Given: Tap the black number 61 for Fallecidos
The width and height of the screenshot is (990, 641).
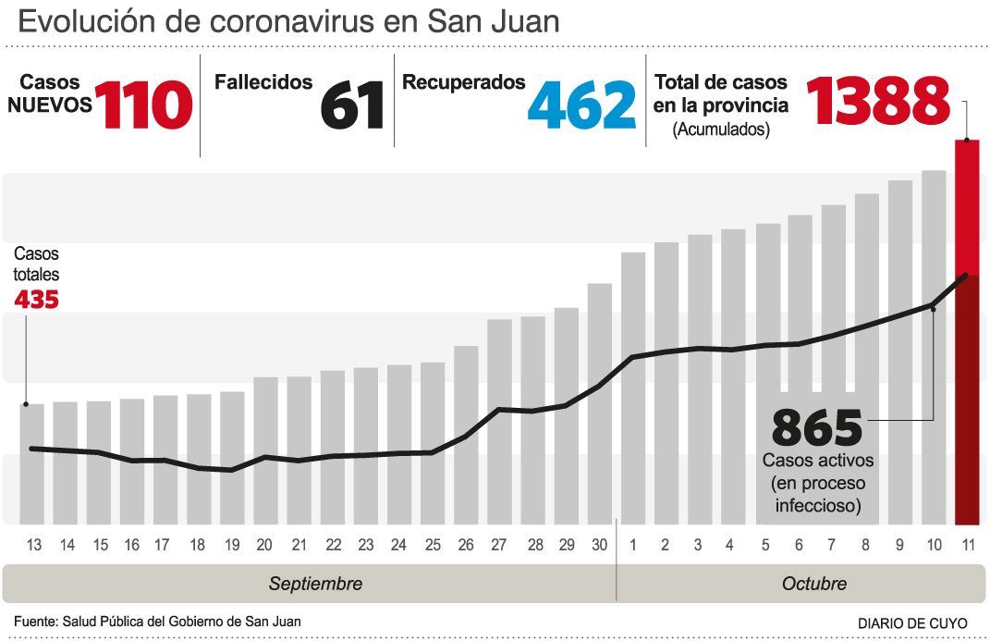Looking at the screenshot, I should tap(352, 104).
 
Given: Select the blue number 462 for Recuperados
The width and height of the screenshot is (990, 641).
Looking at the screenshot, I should tap(582, 104).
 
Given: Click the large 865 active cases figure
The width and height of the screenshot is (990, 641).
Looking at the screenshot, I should tap(816, 427).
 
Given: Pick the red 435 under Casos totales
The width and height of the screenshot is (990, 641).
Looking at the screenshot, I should tap(37, 300).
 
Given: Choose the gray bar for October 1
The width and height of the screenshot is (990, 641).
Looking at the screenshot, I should tap(633, 388).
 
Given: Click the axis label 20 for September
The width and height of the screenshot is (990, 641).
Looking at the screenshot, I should tap(263, 545).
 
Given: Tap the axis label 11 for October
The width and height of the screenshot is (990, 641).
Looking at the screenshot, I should tap(967, 545).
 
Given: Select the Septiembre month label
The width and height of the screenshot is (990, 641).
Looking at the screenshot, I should tap(315, 584).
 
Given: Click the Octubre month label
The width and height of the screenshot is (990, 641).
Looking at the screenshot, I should tap(814, 584).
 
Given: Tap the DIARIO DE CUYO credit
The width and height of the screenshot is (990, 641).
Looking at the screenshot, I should tap(913, 623).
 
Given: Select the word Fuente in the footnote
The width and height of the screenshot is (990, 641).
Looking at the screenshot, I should tap(34, 622).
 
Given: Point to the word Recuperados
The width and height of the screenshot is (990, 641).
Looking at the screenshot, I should tap(464, 82).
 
